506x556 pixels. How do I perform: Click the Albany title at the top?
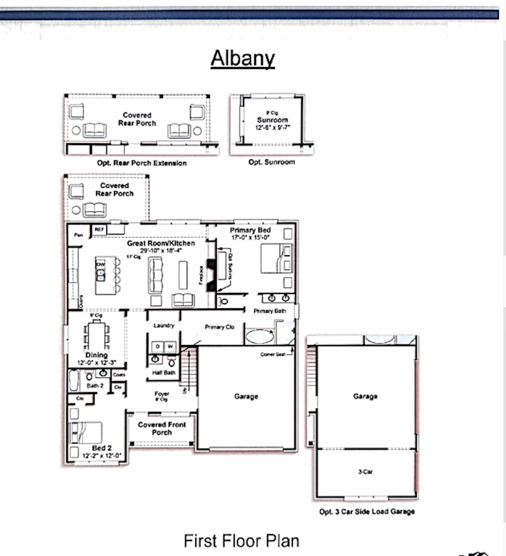243,59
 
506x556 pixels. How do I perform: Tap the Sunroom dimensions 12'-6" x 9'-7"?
272,127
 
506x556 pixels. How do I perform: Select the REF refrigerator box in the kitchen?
99,230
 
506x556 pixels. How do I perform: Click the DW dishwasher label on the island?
100,264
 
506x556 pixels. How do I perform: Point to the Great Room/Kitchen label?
161,243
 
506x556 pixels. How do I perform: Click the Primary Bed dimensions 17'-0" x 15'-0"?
250,237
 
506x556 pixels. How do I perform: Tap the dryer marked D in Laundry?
158,346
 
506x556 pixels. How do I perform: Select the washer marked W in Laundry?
170,346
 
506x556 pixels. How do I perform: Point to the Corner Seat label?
273,354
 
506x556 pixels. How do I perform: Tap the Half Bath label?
164,373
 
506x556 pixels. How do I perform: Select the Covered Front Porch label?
162,429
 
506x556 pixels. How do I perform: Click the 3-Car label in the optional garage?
365,472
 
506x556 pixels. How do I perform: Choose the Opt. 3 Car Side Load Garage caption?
367,512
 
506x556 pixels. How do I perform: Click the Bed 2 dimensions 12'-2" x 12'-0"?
102,456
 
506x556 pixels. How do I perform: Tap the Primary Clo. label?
220,327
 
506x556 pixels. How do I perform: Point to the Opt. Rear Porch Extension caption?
142,163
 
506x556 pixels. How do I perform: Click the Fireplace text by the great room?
201,275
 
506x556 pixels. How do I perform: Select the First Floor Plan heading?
241,541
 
